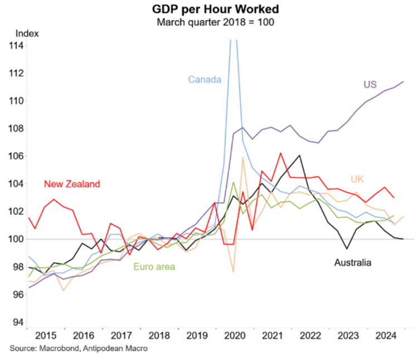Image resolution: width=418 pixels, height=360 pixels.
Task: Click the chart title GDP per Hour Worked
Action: [208, 9]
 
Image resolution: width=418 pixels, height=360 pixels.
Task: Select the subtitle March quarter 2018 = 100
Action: [208, 22]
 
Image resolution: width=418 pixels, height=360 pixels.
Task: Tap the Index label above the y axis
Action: [26, 33]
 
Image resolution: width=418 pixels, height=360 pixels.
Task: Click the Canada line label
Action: [205, 79]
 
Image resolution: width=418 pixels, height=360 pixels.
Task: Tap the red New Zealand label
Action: [71, 183]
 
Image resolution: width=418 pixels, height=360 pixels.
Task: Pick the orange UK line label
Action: [357, 179]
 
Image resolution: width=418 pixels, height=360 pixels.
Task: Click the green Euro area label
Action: [154, 267]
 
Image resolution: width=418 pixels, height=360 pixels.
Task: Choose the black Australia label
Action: [352, 262]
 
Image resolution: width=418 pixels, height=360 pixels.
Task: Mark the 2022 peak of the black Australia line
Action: [299, 155]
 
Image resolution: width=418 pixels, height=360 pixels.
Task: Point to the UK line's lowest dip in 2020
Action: [233, 272]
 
